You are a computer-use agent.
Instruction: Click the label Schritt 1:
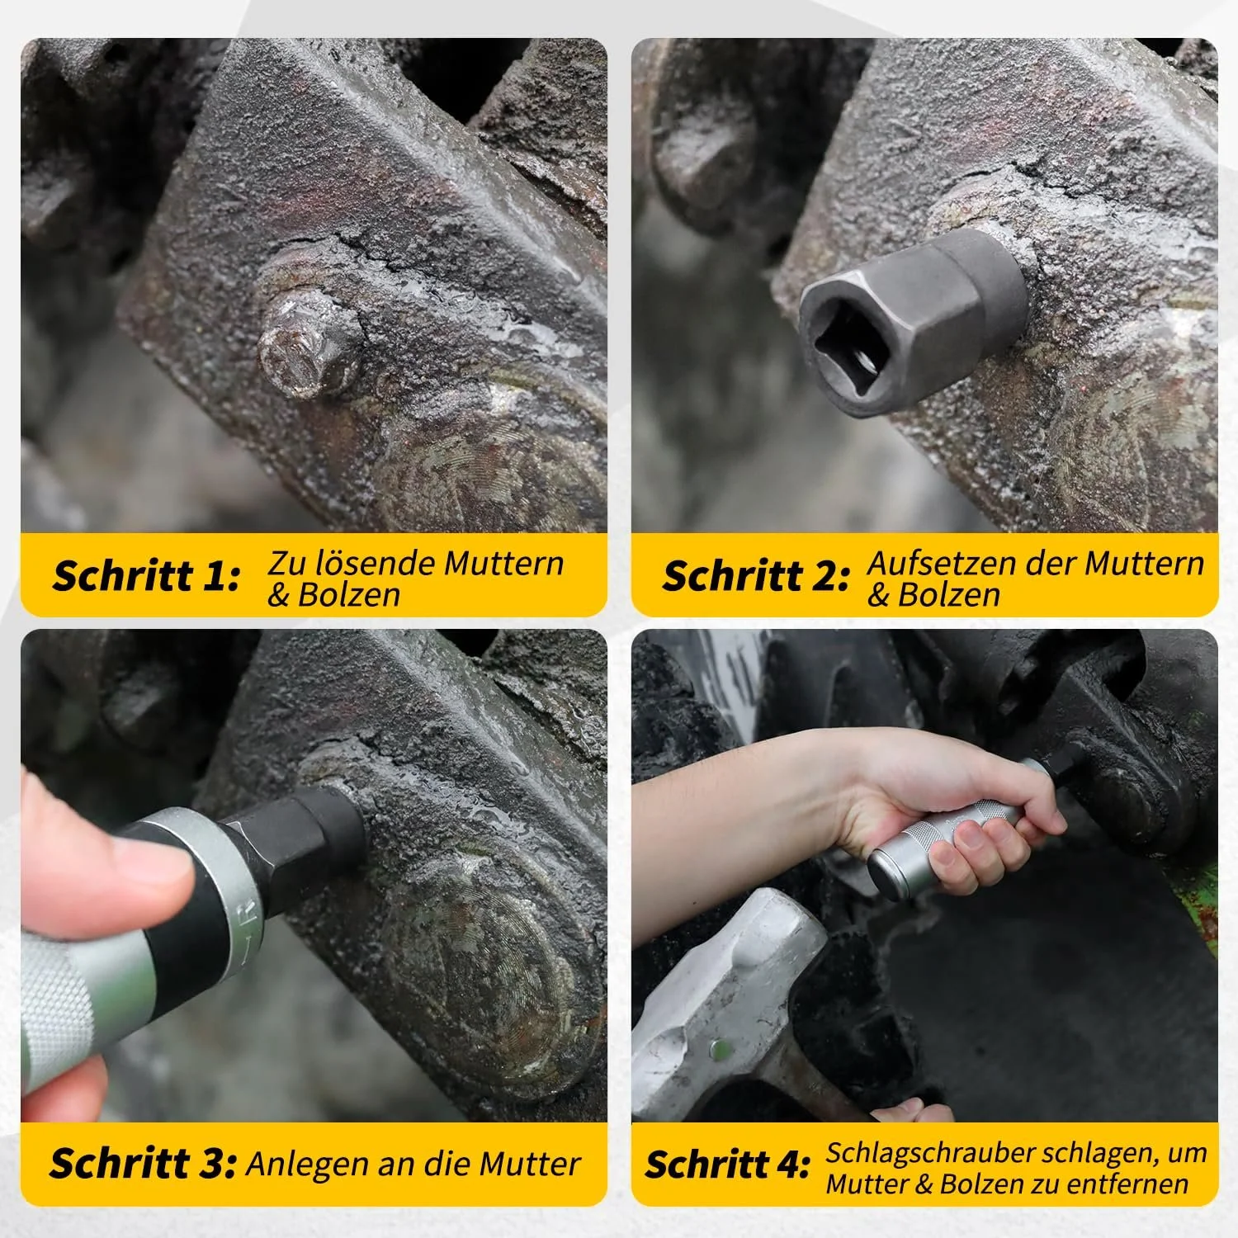coord(146,576)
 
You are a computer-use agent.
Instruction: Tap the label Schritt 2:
coord(756,576)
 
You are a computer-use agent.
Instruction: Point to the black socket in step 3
coord(301,834)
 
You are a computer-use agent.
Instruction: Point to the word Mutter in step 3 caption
coord(531,1164)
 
